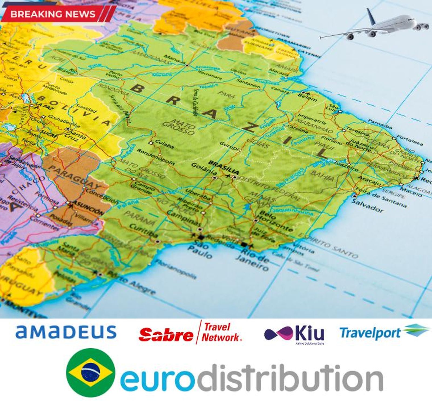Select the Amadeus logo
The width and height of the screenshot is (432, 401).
coord(66,332)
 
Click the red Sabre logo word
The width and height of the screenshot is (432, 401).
coord(166,334)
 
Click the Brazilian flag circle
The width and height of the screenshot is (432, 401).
coord(91,373)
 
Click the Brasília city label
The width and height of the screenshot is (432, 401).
coord(224,167)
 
